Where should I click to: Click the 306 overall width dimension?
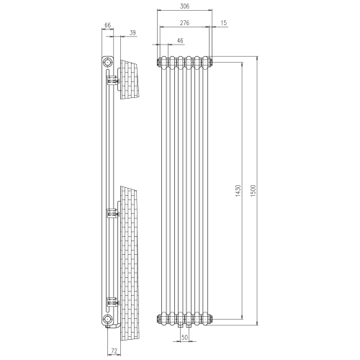pos(184,7)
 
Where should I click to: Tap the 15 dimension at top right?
pos(224,24)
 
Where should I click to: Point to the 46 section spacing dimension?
pos(179,41)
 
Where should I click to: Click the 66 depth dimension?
pos(108,25)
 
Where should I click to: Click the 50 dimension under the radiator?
pos(185,336)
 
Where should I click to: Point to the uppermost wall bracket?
pos(112,82)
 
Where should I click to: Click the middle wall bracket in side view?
pos(112,212)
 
